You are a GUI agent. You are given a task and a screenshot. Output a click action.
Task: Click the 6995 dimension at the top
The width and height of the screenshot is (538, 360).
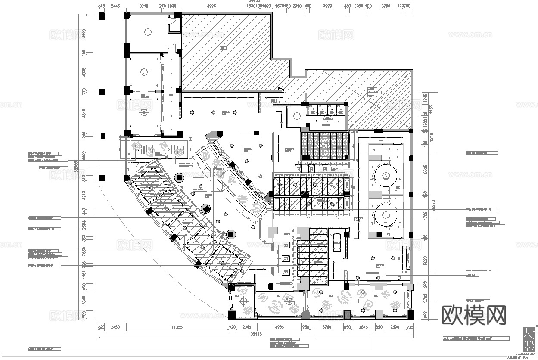coord(211,6)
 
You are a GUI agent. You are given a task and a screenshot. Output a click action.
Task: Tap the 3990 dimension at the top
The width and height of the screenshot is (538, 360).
coord(328,6)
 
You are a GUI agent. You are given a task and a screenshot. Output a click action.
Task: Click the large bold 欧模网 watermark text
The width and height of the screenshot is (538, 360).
coord(474,315)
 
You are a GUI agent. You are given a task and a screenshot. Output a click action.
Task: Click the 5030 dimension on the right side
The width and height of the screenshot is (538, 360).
coord(425,261)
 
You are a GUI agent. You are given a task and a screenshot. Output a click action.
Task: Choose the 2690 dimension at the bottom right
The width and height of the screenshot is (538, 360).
coord(395,327)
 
